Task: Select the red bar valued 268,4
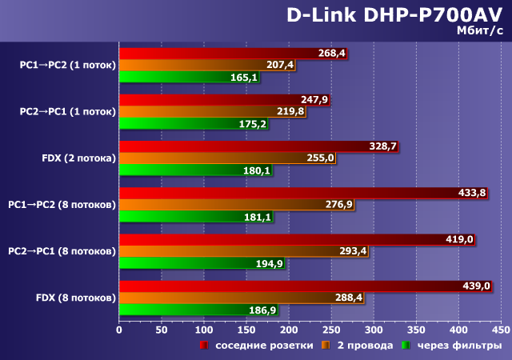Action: click(232, 53)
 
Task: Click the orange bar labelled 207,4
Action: click(206, 65)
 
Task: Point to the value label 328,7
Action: click(382, 146)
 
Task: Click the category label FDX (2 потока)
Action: click(79, 158)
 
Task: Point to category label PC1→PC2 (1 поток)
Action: click(68, 65)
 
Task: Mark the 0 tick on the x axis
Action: click(119, 329)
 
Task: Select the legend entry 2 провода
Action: click(364, 346)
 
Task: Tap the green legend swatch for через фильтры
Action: click(406, 346)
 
